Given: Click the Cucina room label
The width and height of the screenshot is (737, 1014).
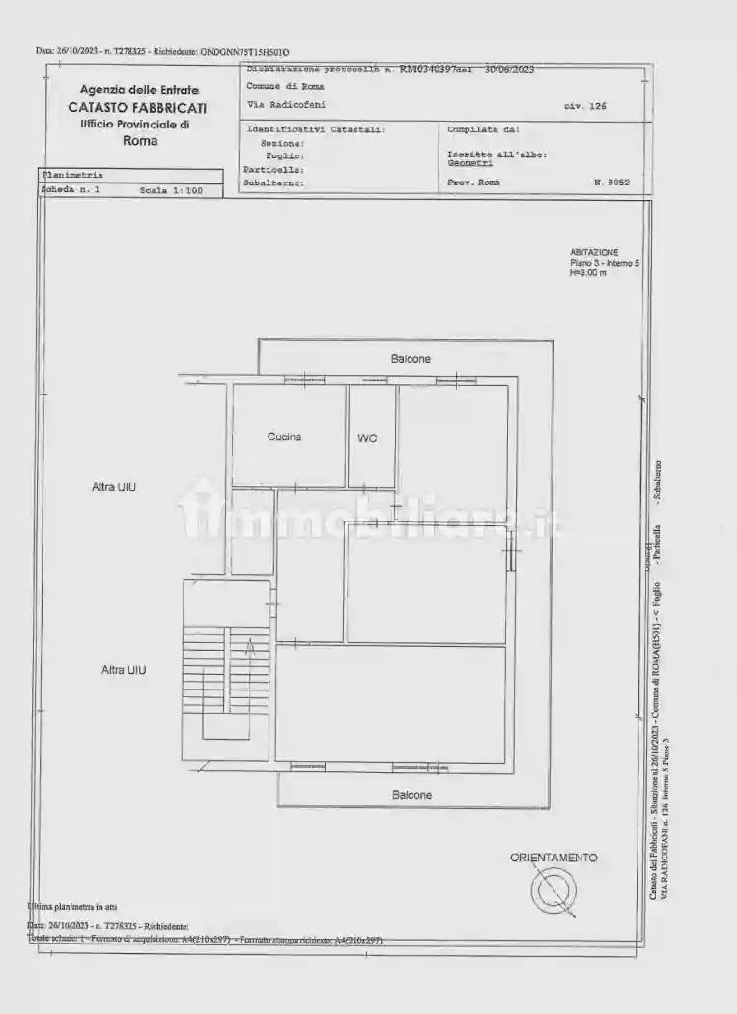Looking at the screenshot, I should [x=284, y=437].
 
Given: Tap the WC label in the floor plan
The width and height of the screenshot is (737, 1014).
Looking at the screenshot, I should [x=367, y=438].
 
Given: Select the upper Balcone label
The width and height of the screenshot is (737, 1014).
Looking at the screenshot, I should [x=411, y=359].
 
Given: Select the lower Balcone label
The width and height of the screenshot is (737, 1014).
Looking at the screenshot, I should [x=411, y=795].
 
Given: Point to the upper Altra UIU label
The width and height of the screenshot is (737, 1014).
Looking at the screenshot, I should [x=114, y=487].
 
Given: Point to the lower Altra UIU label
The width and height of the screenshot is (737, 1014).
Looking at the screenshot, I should [x=124, y=669].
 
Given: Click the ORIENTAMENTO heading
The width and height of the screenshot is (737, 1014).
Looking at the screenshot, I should [x=553, y=858].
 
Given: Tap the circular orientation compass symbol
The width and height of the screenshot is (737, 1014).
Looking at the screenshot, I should [x=555, y=889].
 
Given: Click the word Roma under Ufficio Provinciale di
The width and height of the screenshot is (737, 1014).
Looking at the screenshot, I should [x=140, y=140].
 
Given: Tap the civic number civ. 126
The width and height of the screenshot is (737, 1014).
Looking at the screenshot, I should [x=585, y=107].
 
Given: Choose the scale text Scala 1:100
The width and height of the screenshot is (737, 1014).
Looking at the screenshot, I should [x=171, y=191].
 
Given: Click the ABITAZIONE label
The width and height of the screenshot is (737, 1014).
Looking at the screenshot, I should [x=594, y=252].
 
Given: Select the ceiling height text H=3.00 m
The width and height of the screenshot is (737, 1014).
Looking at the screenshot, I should [x=588, y=273].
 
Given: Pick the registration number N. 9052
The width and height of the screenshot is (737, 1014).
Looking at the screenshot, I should [x=611, y=182].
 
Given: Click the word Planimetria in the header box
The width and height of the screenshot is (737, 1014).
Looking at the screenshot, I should [x=71, y=175].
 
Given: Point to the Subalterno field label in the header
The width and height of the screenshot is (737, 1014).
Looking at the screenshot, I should [x=274, y=182].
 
